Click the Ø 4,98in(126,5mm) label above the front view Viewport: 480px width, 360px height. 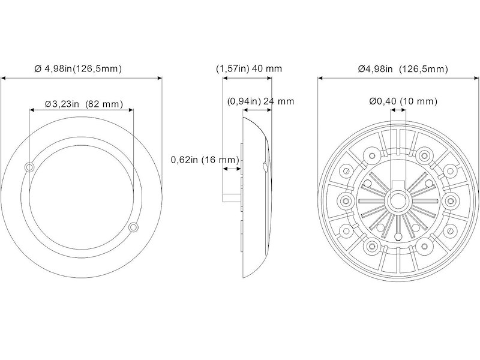click(78, 68)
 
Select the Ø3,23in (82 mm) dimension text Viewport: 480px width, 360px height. click(84, 104)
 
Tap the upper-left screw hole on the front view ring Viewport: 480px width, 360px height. click(29, 166)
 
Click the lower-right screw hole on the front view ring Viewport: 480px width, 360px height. click(133, 227)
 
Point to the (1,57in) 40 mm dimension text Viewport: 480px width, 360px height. click(248, 68)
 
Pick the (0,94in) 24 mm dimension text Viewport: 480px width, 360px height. click(261, 101)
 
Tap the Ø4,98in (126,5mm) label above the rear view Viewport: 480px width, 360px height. click(403, 69)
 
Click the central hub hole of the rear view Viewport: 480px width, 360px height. click(398, 200)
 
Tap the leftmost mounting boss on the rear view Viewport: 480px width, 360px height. click(347, 199)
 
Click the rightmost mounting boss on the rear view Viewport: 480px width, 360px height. click(449, 199)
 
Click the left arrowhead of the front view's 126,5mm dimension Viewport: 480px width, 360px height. click(4, 77)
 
